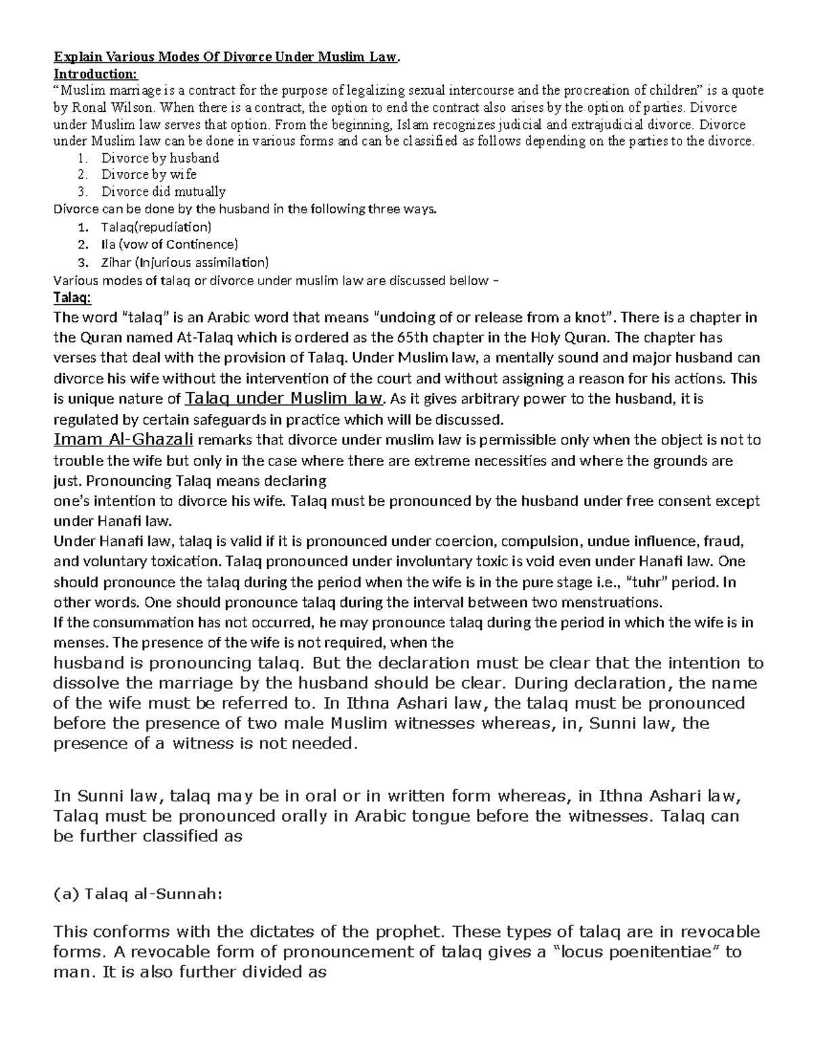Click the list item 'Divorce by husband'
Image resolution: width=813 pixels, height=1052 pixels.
(160, 159)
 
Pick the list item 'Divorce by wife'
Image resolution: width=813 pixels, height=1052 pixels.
(149, 175)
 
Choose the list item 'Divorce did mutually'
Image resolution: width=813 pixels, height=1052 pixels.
(163, 192)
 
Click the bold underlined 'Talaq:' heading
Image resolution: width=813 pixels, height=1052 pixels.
(72, 297)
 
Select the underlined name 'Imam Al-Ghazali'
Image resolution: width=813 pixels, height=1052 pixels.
(123, 440)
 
